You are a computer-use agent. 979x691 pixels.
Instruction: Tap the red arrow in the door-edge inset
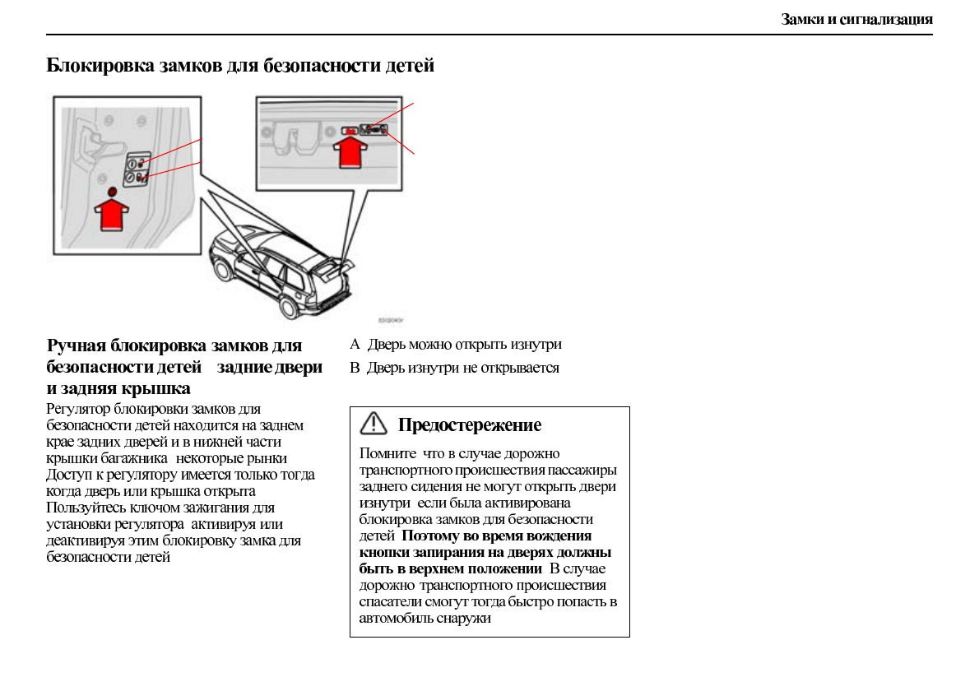[114, 216]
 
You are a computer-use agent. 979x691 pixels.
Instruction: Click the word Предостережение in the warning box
[470, 425]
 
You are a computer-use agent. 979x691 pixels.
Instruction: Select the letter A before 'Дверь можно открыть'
[355, 345]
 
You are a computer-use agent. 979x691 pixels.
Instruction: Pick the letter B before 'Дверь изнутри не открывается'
[355, 368]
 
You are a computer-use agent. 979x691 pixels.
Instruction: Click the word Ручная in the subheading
[77, 345]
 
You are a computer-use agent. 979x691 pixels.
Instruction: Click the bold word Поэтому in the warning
[435, 536]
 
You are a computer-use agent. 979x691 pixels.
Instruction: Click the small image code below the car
[390, 320]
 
